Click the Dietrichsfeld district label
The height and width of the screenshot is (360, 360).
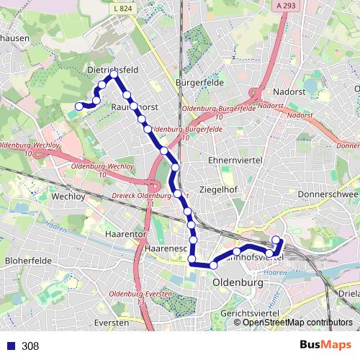[x=112, y=70]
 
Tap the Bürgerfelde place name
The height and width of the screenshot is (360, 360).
[x=199, y=83]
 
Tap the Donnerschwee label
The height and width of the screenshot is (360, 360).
[x=328, y=194]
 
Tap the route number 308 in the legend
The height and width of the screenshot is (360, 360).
[x=30, y=346]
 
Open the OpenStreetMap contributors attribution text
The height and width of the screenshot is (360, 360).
[x=297, y=323]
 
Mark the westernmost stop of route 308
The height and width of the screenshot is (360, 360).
[x=79, y=107]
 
